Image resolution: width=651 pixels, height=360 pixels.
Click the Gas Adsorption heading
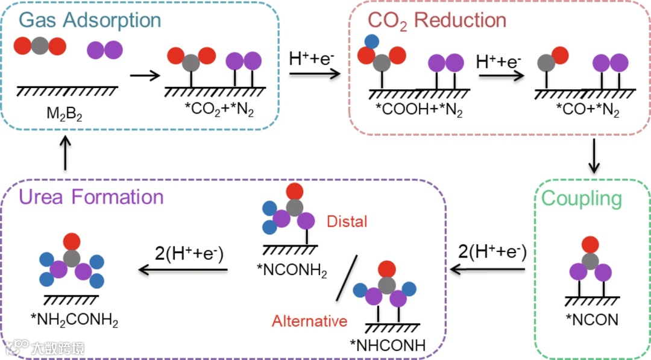click(90, 20)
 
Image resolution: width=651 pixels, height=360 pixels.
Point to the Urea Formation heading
click(91, 197)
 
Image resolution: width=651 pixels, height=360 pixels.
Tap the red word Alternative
click(309, 320)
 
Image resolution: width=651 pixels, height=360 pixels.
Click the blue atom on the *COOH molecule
click(372, 42)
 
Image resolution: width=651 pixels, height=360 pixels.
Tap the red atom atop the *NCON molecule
click(590, 245)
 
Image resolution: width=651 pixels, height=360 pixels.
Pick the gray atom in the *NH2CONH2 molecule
click(72, 258)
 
